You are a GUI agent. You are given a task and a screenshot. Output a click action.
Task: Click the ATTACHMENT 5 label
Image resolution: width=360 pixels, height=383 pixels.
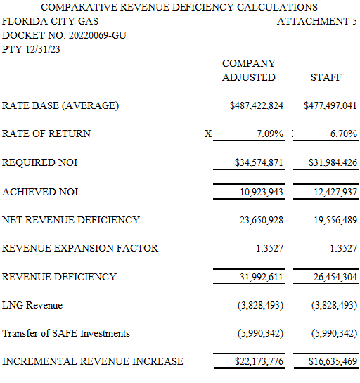click(316, 21)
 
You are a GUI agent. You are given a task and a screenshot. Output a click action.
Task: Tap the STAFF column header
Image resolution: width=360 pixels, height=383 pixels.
click(326, 77)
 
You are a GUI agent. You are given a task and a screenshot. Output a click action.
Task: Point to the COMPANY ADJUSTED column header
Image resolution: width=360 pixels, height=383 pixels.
click(249, 70)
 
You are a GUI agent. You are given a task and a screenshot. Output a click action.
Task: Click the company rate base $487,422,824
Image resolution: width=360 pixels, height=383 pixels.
click(257, 105)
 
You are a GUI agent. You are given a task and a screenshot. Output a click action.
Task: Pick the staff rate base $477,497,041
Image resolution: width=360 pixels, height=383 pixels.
click(330, 105)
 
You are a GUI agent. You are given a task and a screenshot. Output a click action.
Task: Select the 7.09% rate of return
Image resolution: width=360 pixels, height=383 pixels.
click(270, 134)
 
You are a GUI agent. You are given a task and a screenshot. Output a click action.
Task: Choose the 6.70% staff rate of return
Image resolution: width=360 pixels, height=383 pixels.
click(344, 134)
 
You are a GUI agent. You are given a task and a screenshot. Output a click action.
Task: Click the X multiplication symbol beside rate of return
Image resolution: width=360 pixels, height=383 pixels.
click(208, 134)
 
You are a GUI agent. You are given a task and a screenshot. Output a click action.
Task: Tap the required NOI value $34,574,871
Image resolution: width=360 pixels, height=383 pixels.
click(259, 162)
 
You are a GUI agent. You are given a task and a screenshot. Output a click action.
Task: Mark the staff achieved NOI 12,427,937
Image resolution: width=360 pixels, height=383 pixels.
click(335, 192)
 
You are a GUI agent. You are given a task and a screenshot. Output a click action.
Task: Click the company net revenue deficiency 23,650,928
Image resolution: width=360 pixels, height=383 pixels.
click(262, 220)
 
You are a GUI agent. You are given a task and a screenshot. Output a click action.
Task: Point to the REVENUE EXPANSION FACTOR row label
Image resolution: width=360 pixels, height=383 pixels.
click(80, 248)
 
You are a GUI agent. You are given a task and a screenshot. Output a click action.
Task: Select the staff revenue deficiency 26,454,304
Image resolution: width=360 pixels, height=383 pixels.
click(335, 277)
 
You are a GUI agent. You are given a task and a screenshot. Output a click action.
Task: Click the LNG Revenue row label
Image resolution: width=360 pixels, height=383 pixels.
click(32, 305)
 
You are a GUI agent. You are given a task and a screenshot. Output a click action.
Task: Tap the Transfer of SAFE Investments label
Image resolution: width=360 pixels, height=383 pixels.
click(66, 333)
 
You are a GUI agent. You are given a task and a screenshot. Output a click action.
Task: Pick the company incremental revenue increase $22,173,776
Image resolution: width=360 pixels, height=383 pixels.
click(259, 361)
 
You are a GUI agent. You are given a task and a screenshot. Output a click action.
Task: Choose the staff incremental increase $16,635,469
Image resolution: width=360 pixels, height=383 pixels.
click(333, 361)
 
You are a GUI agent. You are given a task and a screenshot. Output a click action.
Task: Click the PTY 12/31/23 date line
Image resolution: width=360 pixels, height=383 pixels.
click(31, 49)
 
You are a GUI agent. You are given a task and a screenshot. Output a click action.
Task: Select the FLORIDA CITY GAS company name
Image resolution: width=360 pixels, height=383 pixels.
click(50, 21)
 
